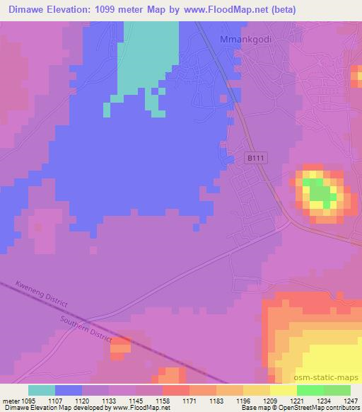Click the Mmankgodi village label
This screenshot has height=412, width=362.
click(x=247, y=40)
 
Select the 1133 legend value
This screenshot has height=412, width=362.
click(x=110, y=400)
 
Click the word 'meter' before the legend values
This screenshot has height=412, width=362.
click(x=10, y=400)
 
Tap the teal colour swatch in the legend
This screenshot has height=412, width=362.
click(x=42, y=390)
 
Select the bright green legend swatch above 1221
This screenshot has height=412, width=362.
click(x=310, y=390)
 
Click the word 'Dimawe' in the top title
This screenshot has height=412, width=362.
click(x=21, y=9)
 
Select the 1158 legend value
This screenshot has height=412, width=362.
click(x=163, y=400)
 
